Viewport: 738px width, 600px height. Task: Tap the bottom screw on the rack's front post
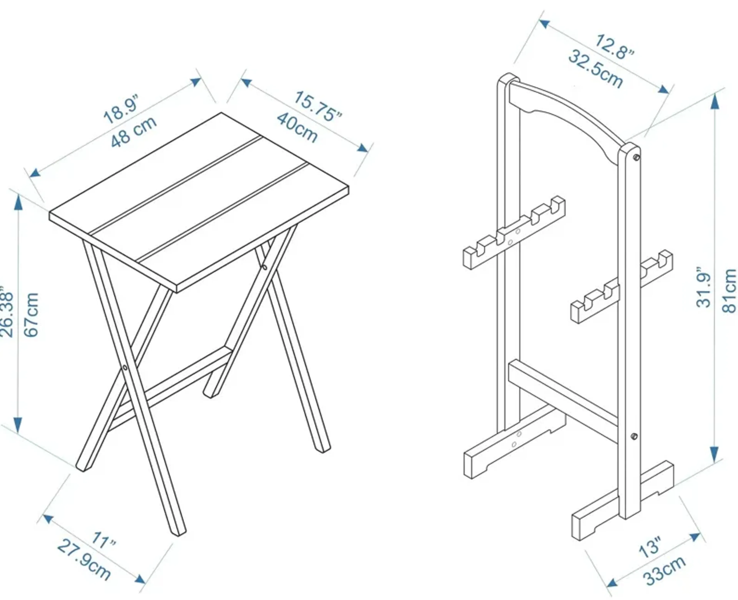pos(634,436)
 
